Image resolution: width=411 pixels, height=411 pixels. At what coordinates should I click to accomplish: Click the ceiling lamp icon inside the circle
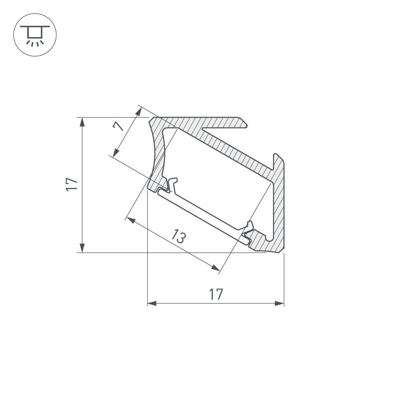tap(35, 35)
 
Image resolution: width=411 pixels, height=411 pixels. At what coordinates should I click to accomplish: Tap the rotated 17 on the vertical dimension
tap(72, 184)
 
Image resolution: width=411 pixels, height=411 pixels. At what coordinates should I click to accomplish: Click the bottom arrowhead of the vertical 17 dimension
tap(83, 248)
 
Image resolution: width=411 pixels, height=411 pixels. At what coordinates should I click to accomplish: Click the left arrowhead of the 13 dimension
tap(131, 220)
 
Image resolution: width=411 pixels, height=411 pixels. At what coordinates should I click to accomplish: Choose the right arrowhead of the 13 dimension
tap(215, 268)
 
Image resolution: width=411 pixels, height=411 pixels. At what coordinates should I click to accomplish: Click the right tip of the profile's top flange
tap(245, 124)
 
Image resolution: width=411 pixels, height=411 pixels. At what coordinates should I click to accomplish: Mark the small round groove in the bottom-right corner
tap(269, 238)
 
